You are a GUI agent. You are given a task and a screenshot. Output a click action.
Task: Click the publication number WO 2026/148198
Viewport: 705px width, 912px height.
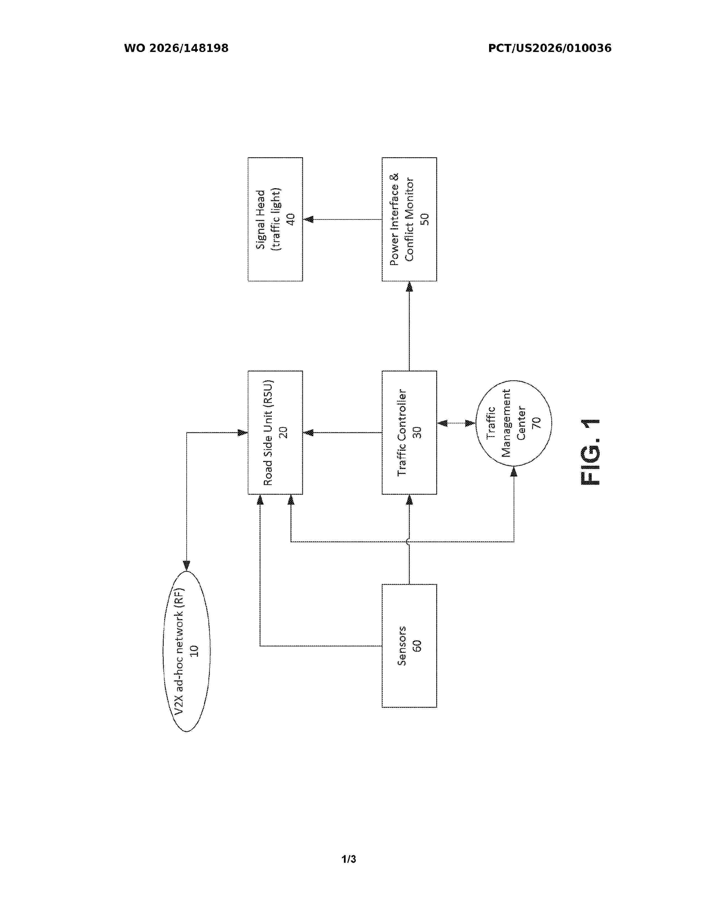(x=176, y=48)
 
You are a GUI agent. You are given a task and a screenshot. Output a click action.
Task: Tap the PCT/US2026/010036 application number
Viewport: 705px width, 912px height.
(x=550, y=48)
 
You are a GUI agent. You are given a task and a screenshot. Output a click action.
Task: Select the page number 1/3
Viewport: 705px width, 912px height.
(x=349, y=859)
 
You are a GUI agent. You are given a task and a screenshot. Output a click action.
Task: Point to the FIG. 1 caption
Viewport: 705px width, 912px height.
(x=590, y=452)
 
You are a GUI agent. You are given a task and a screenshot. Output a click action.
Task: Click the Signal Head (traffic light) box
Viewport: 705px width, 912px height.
(x=275, y=219)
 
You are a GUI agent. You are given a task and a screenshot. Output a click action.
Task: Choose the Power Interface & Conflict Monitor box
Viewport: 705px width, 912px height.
(x=409, y=219)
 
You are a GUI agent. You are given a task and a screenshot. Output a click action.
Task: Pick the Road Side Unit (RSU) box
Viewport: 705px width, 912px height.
(x=275, y=433)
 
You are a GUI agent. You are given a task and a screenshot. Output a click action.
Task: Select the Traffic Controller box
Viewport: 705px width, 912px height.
(x=409, y=433)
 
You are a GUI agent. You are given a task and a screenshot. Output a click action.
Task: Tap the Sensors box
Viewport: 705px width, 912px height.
(x=409, y=646)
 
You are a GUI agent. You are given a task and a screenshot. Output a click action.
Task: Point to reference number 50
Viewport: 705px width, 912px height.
(x=424, y=219)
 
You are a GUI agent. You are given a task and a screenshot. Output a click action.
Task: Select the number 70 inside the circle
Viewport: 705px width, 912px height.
(x=537, y=423)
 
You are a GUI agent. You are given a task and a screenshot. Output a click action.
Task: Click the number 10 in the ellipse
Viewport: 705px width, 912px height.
(x=194, y=651)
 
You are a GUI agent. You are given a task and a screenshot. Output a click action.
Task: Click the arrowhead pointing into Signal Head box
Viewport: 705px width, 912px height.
(x=308, y=219)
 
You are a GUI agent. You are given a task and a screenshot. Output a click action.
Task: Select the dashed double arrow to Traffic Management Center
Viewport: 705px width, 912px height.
(x=456, y=423)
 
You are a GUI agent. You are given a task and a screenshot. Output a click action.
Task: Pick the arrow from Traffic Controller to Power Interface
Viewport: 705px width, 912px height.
(x=409, y=326)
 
